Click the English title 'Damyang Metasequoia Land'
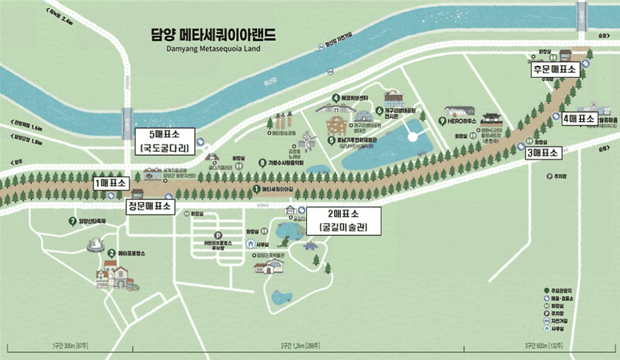[213, 47]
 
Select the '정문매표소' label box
[149, 206]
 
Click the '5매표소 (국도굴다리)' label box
[165, 142]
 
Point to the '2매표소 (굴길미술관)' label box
[343, 221]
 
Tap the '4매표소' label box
[579, 118]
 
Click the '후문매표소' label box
[554, 70]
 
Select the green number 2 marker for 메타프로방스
[112, 253]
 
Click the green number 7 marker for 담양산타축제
[73, 221]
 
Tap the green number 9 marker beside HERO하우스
[442, 120]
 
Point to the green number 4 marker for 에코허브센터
[335, 97]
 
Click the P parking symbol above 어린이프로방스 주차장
[217, 235]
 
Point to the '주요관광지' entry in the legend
[561, 290]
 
